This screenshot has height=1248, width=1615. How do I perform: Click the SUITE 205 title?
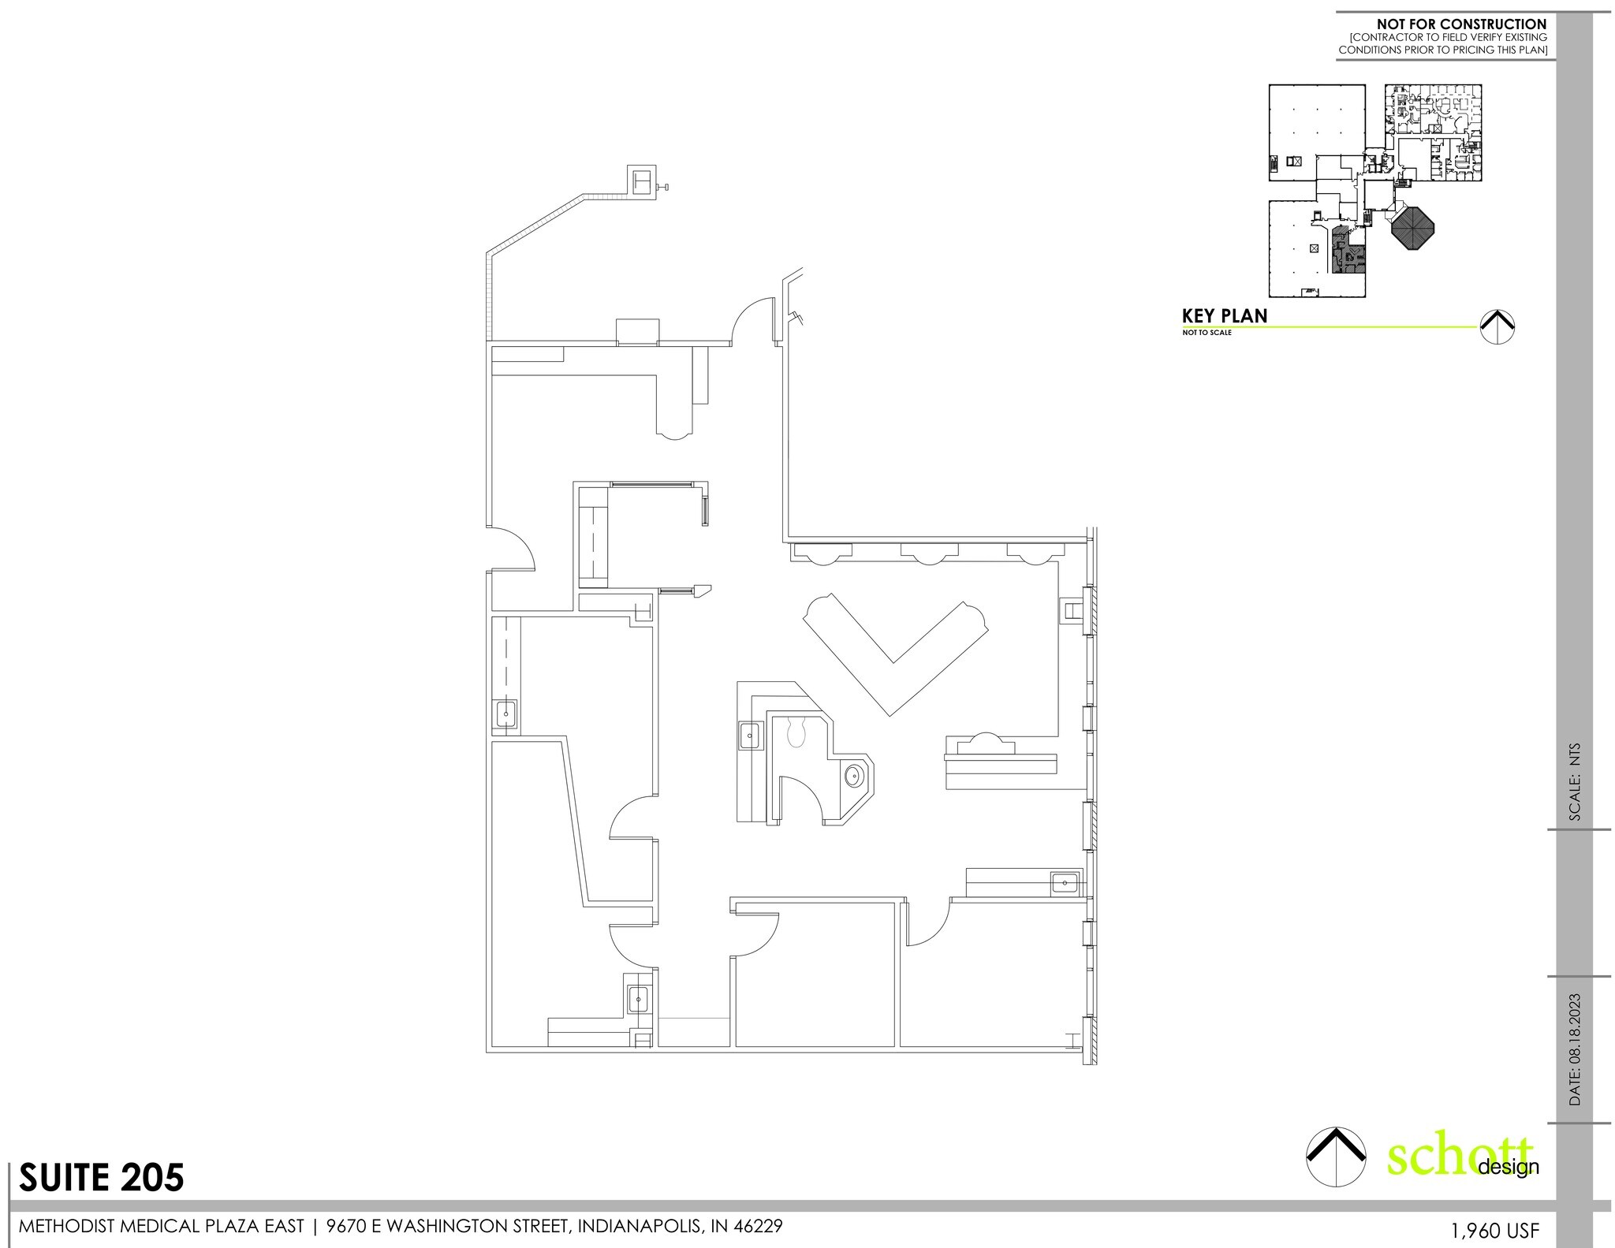click(101, 1178)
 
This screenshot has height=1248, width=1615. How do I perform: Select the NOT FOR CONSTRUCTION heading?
click(1461, 24)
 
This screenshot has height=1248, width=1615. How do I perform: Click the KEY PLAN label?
click(1225, 316)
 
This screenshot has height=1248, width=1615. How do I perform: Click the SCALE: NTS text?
click(1575, 782)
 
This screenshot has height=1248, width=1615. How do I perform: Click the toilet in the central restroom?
click(796, 732)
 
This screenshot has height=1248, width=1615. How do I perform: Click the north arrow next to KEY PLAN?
click(1498, 326)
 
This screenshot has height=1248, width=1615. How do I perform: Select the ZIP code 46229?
click(757, 1226)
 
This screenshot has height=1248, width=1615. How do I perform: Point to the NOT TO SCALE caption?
click(1207, 333)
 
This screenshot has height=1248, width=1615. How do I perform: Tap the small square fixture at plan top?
click(641, 180)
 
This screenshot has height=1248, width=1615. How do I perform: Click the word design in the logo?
click(1509, 1168)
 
